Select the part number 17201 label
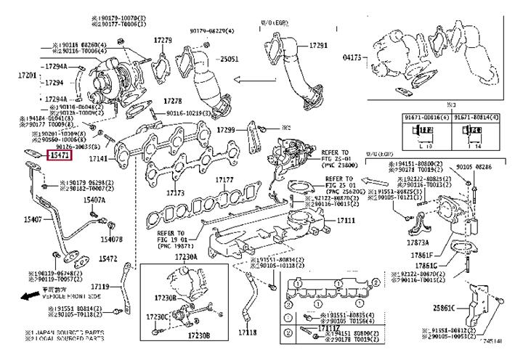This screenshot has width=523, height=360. (27, 75)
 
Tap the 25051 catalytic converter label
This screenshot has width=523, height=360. (230, 59)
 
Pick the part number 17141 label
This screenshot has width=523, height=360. (99, 158)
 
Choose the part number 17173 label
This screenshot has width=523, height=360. (175, 194)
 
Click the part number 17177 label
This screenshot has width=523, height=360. (225, 180)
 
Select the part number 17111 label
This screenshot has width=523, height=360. (346, 219)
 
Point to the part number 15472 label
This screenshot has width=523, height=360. (108, 258)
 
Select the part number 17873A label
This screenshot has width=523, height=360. (418, 242)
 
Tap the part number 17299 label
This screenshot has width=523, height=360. (227, 130)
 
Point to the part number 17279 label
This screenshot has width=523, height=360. (163, 41)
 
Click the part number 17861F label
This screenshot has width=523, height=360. (423, 255)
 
